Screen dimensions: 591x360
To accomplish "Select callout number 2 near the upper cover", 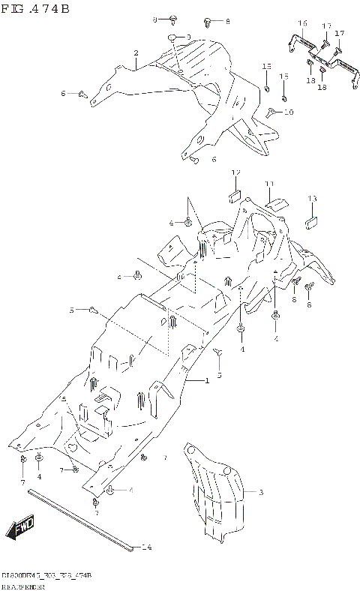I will [x=136, y=53].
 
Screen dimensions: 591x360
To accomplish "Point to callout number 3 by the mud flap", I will [x=261, y=493].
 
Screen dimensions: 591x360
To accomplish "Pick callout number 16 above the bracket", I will [x=302, y=24].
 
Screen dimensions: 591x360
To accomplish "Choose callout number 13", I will [x=312, y=199].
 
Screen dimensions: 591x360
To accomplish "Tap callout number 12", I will [x=235, y=173].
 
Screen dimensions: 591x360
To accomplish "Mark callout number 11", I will [x=270, y=184].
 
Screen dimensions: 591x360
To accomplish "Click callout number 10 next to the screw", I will [x=289, y=112].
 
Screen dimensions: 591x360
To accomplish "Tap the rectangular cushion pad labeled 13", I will [x=311, y=221].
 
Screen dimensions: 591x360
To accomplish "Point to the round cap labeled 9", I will [x=172, y=38].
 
